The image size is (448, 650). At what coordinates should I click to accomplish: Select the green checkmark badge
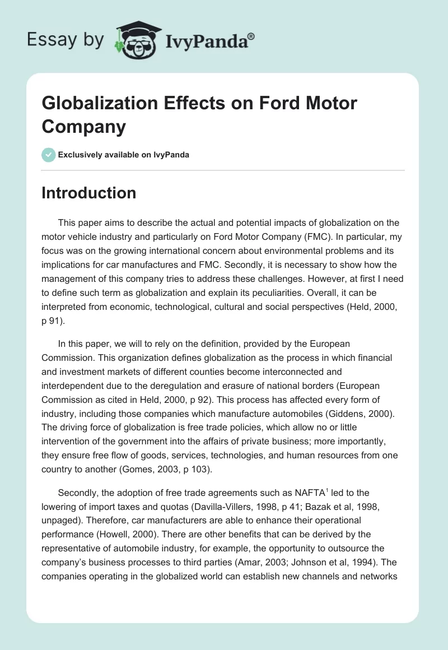coord(49,155)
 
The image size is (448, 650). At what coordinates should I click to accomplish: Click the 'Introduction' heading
coord(89,193)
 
